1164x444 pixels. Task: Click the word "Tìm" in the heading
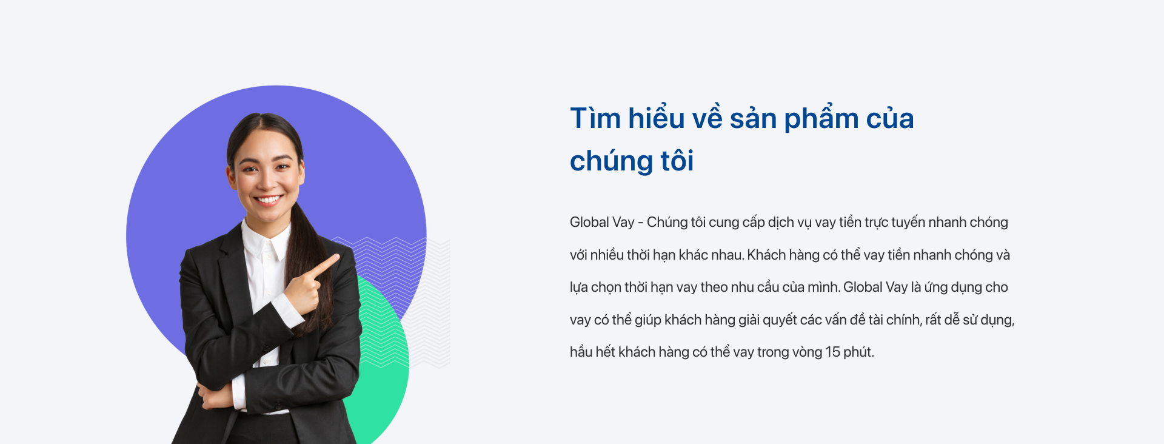coord(595,118)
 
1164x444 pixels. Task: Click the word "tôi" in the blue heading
coord(677,161)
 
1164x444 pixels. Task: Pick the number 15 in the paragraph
coord(833,352)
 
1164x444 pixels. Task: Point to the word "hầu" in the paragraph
coord(581,352)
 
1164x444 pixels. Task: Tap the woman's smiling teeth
coord(268,200)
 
